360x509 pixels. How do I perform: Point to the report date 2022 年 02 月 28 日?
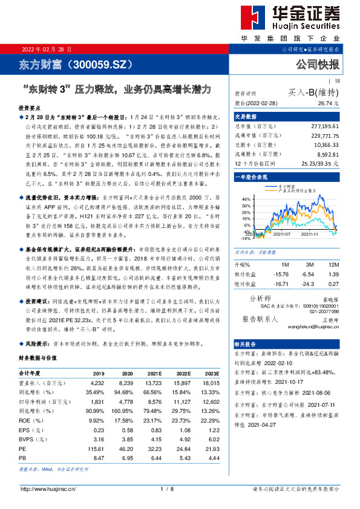(x=47, y=49)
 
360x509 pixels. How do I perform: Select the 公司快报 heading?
(x=317, y=65)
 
